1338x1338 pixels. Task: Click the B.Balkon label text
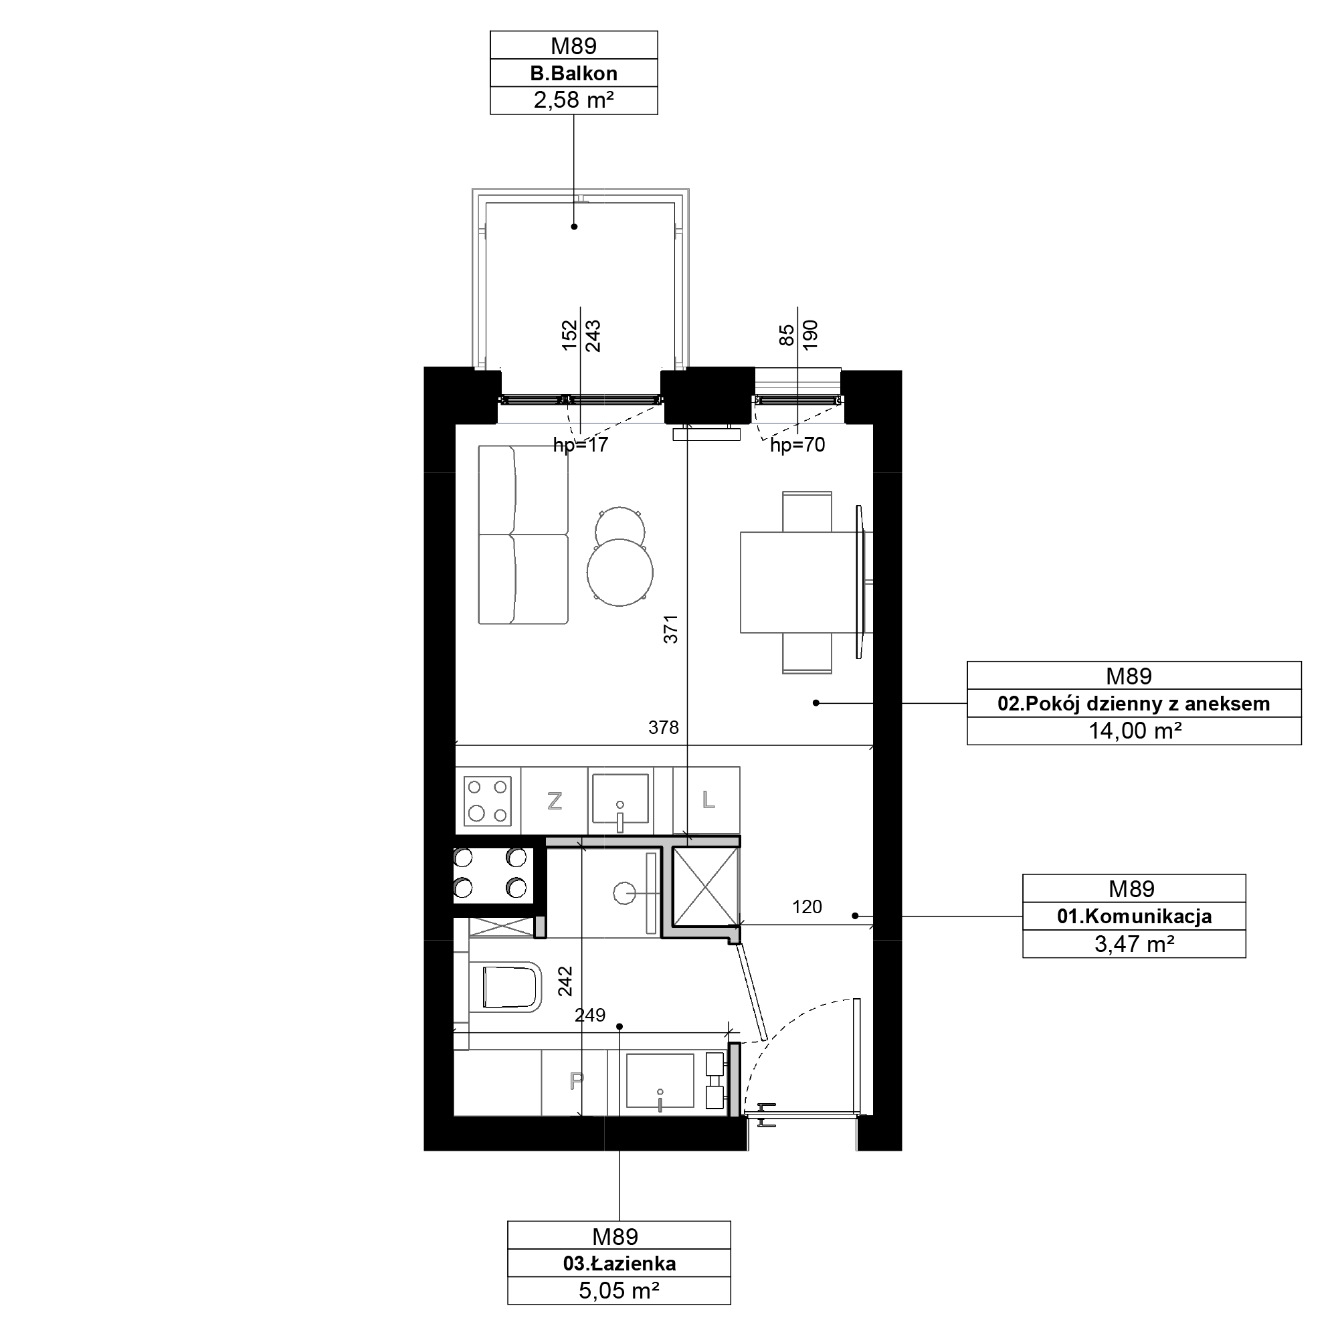[573, 73]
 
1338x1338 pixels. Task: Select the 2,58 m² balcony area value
[573, 100]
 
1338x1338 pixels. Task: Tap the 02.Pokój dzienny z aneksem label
[1134, 704]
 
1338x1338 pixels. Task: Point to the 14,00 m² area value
[1134, 731]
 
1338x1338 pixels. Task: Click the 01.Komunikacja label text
[1134, 917]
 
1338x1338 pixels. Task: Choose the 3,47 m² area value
[1134, 944]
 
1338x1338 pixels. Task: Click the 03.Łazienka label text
[619, 1264]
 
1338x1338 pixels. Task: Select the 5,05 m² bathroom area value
[619, 1291]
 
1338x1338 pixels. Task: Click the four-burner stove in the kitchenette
[488, 801]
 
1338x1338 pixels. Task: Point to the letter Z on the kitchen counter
[554, 801]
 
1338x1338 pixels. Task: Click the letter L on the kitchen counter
[708, 801]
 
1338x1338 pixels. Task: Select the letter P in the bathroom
[576, 1081]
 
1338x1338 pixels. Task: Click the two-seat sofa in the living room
[524, 535]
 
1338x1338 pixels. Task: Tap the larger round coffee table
[620, 573]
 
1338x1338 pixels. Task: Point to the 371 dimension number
[670, 630]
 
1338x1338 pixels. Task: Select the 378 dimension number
[664, 727]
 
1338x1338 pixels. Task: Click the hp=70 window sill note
[798, 446]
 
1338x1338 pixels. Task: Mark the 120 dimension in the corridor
[807, 906]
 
